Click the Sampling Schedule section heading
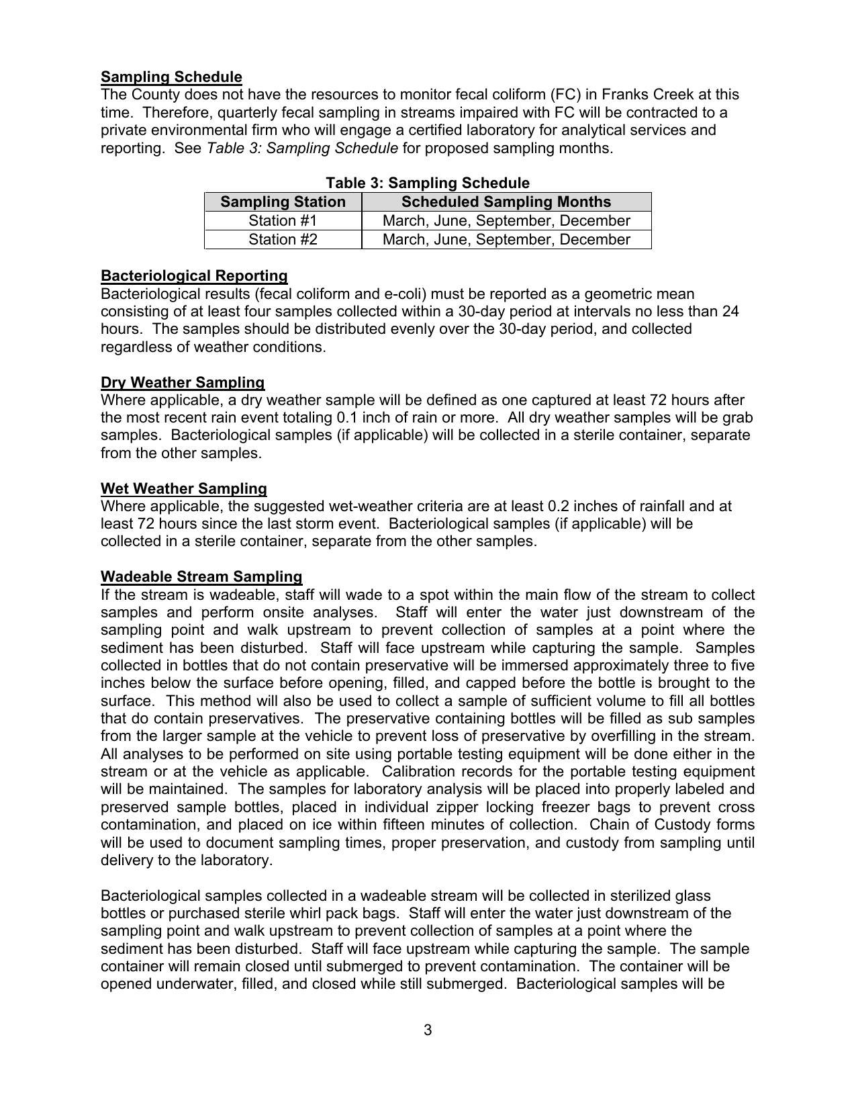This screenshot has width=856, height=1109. coord(171,77)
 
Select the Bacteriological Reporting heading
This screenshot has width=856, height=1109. coord(194,275)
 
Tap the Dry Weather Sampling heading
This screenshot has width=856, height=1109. coord(183,382)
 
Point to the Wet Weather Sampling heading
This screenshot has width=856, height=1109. coord(183,488)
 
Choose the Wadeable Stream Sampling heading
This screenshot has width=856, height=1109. coord(201,576)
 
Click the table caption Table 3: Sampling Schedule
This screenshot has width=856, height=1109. coord(428,183)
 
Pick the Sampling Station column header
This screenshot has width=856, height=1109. coord(283,202)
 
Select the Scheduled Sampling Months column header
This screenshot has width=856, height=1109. coord(506,202)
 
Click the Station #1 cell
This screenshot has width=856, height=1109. coord(283,220)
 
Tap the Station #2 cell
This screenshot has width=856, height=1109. coord(283,239)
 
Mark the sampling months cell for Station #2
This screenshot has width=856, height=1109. coord(506,239)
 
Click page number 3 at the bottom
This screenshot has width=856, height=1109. coord(428,1030)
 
